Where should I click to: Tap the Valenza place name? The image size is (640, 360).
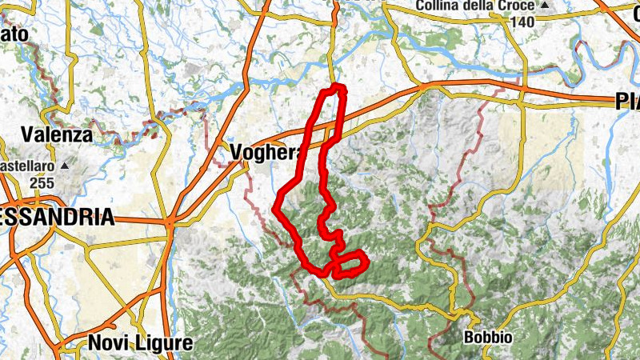pyautogui.click(x=58, y=134)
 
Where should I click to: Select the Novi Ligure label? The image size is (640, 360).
pyautogui.click(x=140, y=344)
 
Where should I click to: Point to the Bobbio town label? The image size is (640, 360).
pyautogui.click(x=488, y=338)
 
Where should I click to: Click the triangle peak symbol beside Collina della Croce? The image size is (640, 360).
pyautogui.click(x=545, y=6)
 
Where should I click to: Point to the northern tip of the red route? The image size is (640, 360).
pyautogui.click(x=338, y=86)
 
